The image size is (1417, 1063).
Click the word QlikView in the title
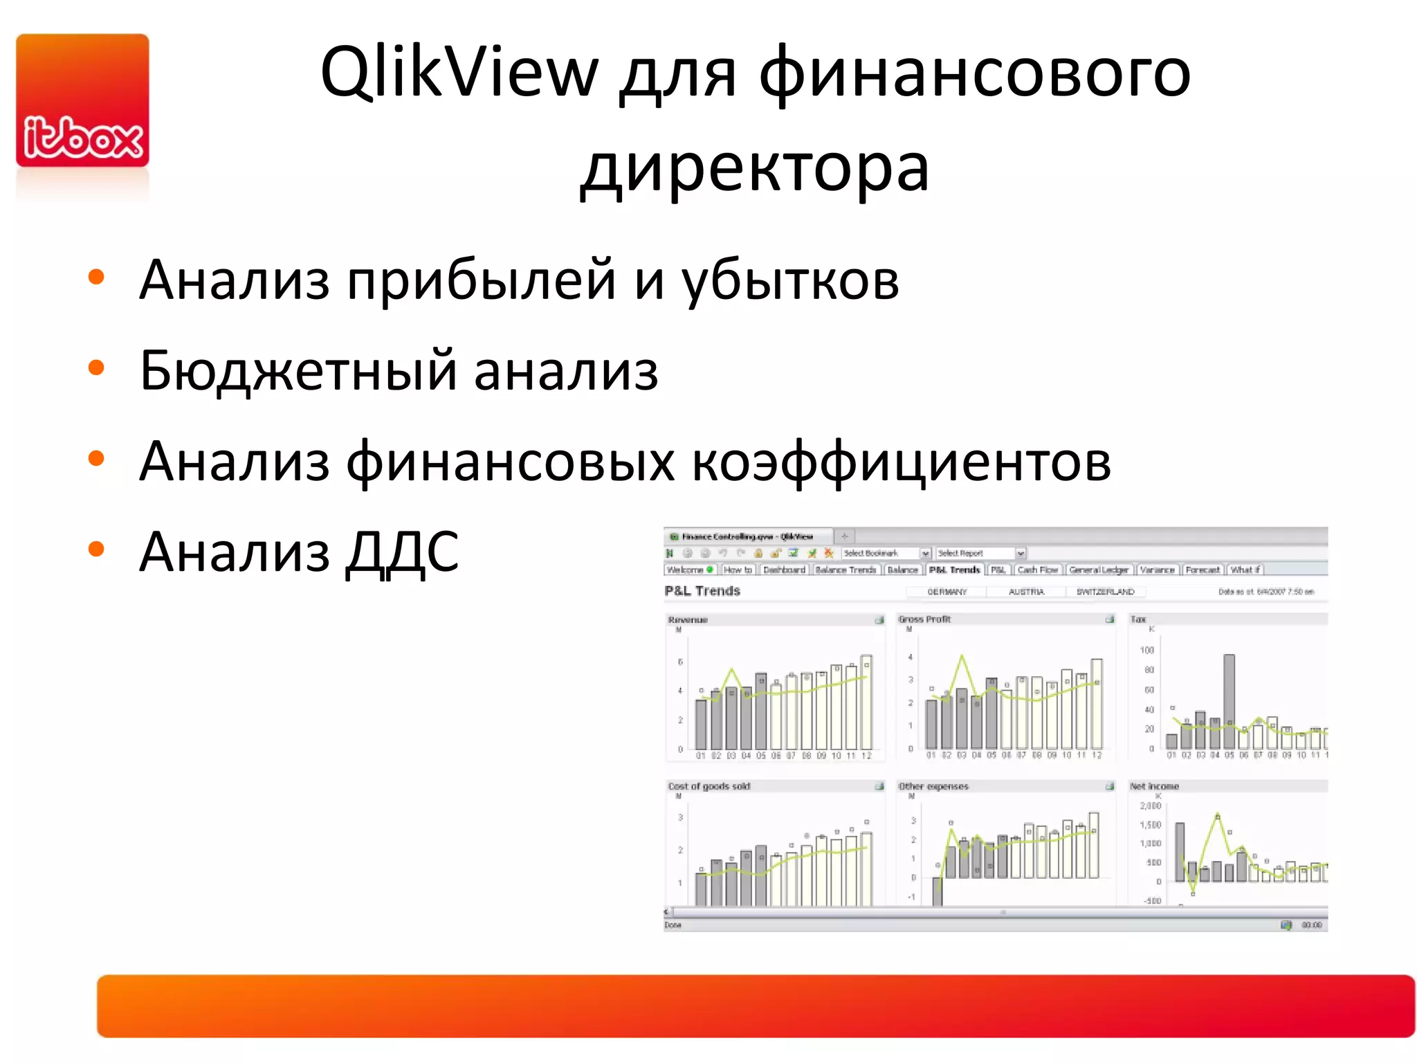(459, 72)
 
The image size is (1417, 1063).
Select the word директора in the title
(755, 168)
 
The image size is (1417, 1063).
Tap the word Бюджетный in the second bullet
(298, 371)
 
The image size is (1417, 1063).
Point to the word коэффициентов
(901, 462)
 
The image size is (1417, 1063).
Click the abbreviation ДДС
(402, 552)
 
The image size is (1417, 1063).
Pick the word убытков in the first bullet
(790, 280)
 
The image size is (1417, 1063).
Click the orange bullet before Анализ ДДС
(96, 549)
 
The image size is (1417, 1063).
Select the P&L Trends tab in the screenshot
(954, 570)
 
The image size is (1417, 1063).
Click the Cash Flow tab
(1038, 570)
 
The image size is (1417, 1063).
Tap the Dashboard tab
(784, 570)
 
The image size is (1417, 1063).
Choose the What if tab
(1245, 570)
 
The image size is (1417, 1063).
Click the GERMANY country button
(947, 592)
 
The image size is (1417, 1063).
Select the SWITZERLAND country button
(1105, 592)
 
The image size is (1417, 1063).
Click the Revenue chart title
(688, 619)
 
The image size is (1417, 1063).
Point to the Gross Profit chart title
(924, 619)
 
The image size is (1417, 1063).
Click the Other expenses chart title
(933, 786)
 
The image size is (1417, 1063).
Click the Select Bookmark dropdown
(886, 553)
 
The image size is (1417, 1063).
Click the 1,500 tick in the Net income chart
(1150, 825)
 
